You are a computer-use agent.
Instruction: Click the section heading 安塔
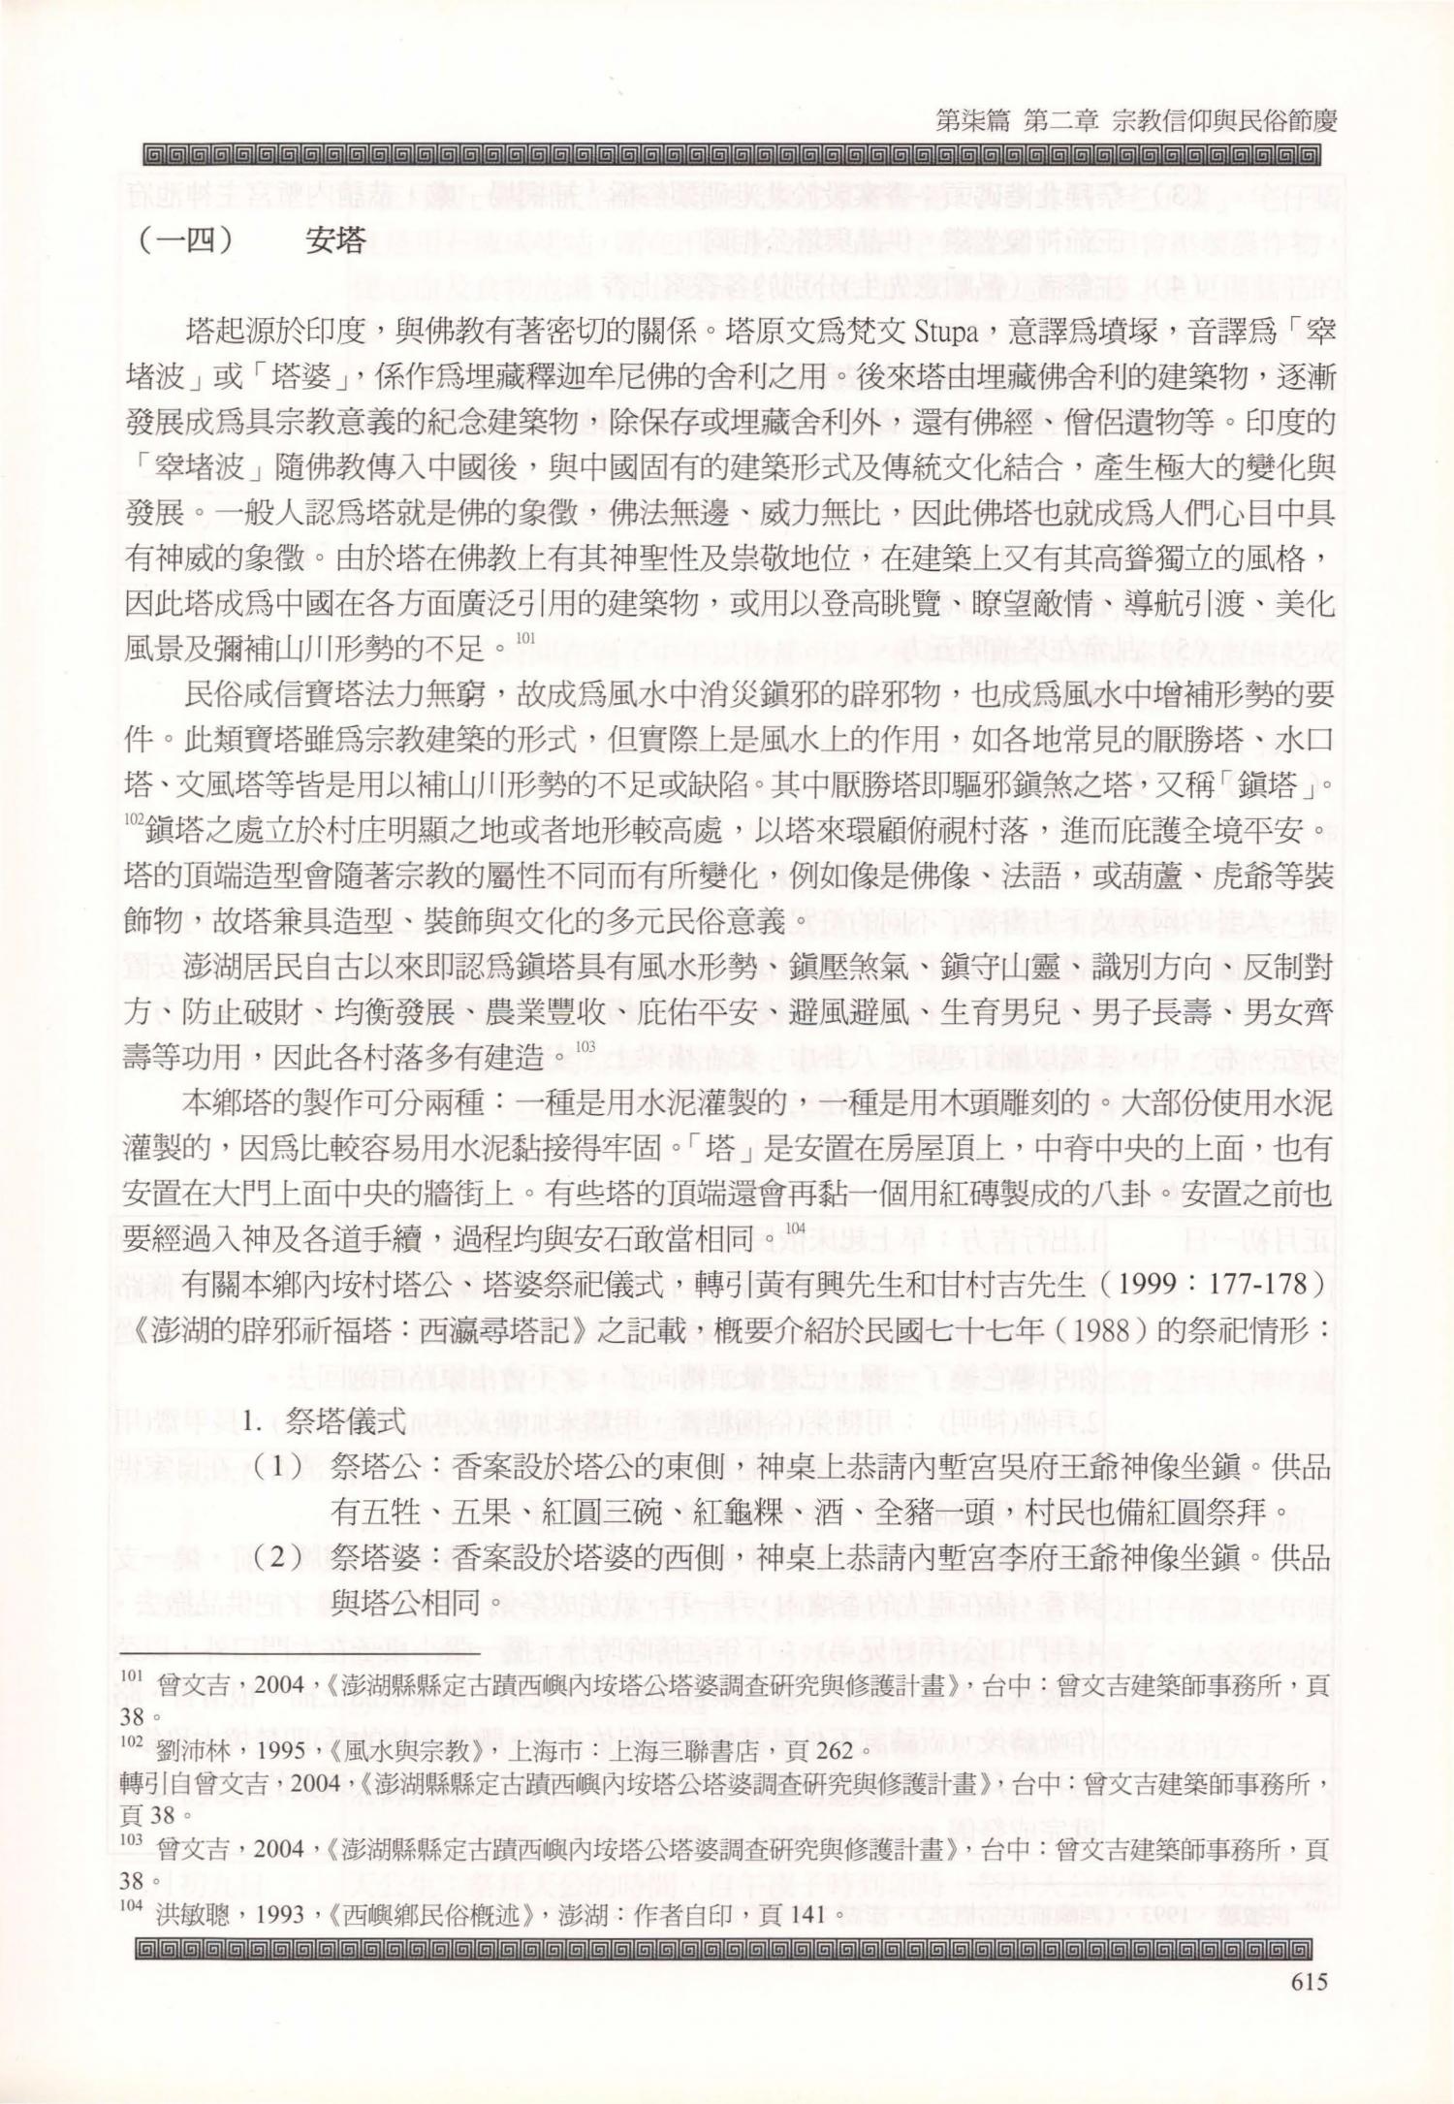tap(334, 240)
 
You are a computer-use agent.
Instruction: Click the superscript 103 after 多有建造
tap(585, 1046)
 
